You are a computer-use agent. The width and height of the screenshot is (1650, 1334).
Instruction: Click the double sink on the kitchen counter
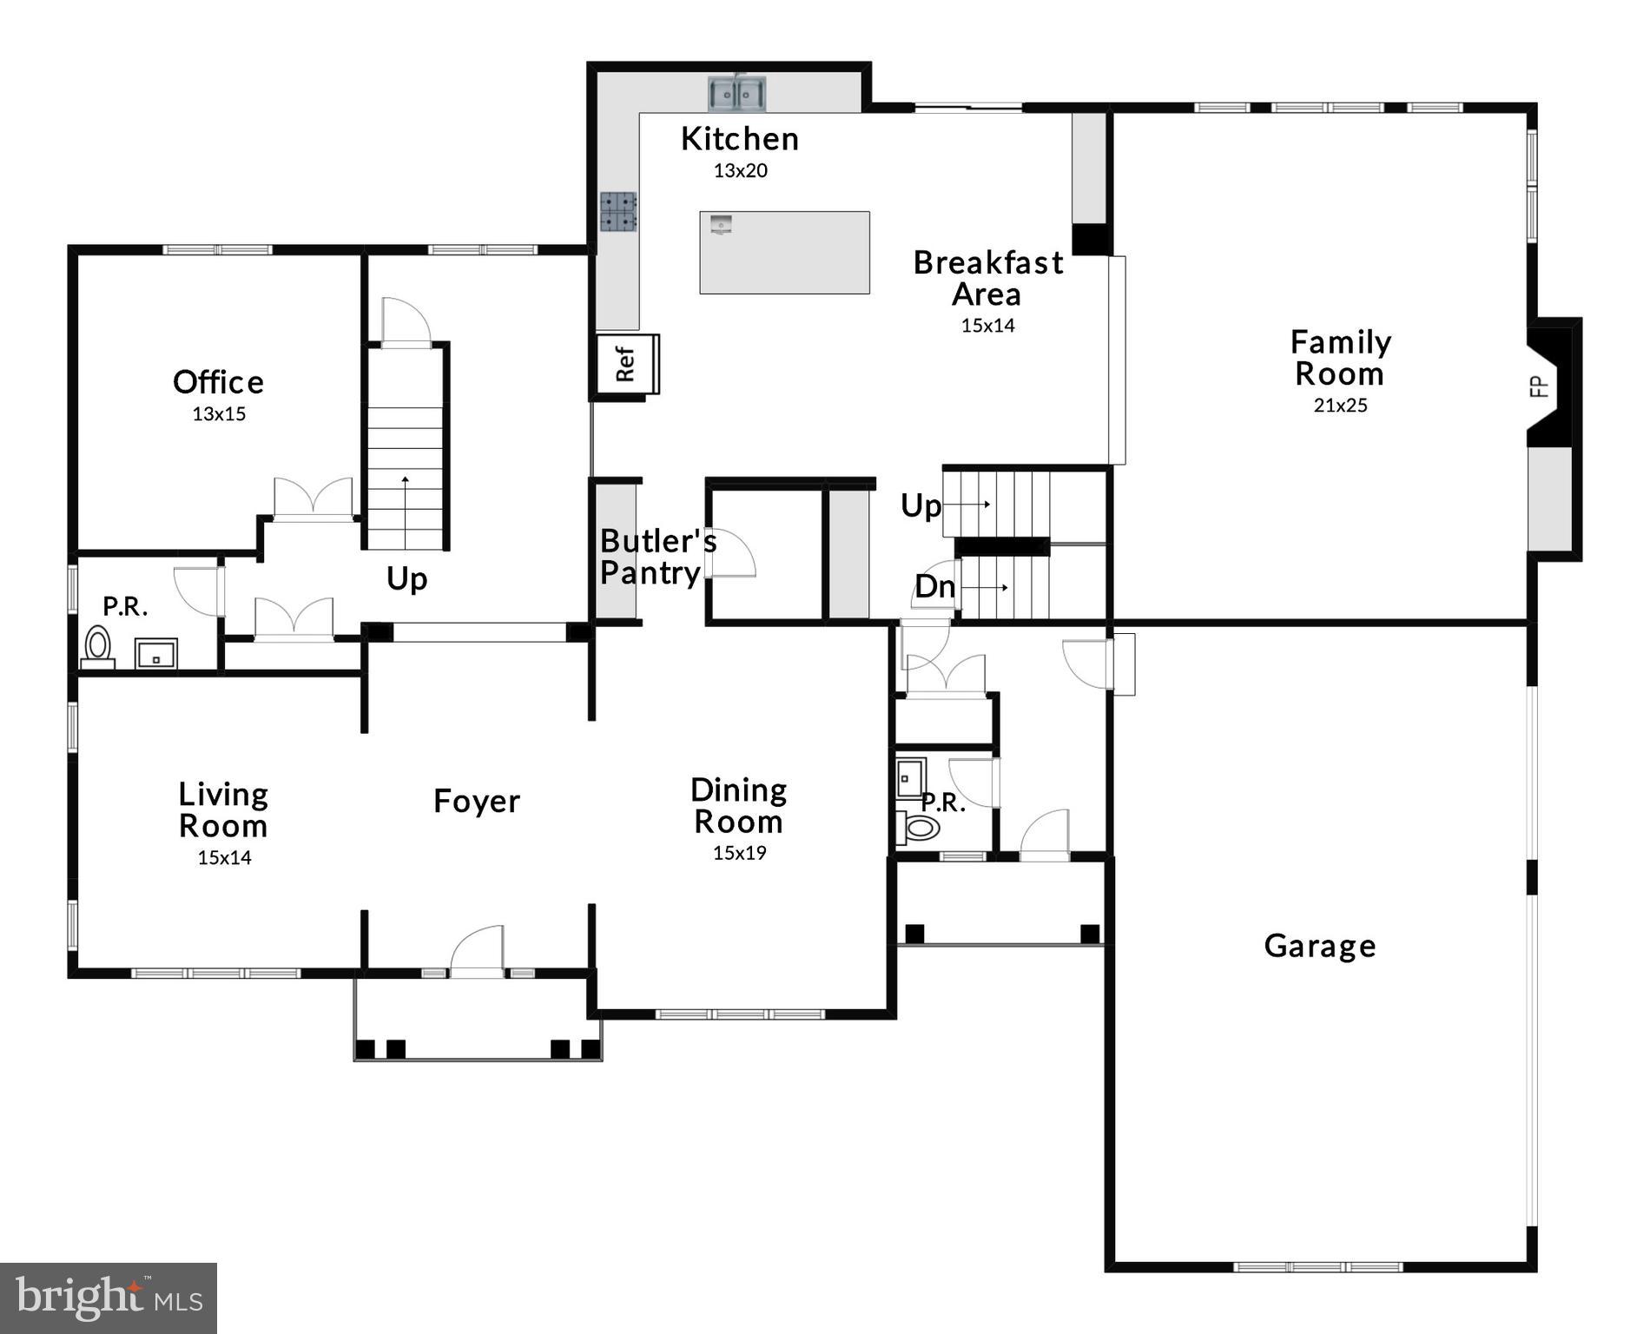[x=736, y=94]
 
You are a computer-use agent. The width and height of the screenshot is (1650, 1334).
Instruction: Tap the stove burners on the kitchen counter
[x=618, y=212]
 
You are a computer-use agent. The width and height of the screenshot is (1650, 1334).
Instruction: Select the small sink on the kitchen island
[x=721, y=224]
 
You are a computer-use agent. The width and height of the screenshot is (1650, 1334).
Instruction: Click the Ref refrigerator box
[x=626, y=364]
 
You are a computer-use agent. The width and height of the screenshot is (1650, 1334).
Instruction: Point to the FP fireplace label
[x=1539, y=386]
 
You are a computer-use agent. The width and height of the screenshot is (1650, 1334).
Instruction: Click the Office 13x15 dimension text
[x=219, y=414]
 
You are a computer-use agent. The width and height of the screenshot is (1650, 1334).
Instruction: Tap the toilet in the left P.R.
[x=98, y=647]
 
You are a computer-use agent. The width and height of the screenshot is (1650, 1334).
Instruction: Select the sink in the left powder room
[x=156, y=655]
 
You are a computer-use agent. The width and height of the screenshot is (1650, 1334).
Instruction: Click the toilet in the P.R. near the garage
[x=921, y=827]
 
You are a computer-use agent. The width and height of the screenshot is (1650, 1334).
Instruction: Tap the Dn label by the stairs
[x=934, y=587]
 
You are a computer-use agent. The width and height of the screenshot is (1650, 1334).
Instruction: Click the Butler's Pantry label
[x=657, y=557]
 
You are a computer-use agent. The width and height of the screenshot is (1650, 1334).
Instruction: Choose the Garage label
[x=1319, y=946]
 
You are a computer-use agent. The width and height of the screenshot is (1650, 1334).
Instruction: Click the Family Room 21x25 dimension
[x=1340, y=406]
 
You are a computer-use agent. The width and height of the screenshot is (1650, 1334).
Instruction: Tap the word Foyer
[x=476, y=801]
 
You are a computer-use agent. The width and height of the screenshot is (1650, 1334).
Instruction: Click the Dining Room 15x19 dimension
[x=739, y=853]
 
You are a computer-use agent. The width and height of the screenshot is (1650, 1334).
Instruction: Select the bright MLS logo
[x=109, y=1298]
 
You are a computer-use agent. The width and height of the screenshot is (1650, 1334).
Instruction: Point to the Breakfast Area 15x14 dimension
[x=987, y=326]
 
